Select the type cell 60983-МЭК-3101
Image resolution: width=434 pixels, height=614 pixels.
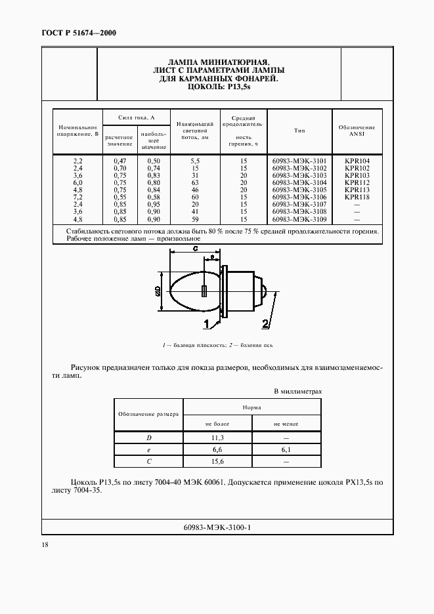[299, 161]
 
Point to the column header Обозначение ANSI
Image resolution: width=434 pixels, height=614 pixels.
[357, 131]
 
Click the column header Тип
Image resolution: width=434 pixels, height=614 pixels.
[299, 131]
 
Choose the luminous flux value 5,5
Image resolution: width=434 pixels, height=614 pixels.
[194, 161]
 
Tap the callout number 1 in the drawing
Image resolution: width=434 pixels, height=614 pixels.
[206, 323]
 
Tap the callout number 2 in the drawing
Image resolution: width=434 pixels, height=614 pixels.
[265, 323]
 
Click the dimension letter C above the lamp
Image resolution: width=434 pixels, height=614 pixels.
[195, 249]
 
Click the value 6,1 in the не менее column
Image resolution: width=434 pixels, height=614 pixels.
[286, 449]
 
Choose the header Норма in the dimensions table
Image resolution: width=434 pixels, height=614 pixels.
[251, 407]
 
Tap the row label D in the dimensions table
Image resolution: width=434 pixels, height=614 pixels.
[148, 437]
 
